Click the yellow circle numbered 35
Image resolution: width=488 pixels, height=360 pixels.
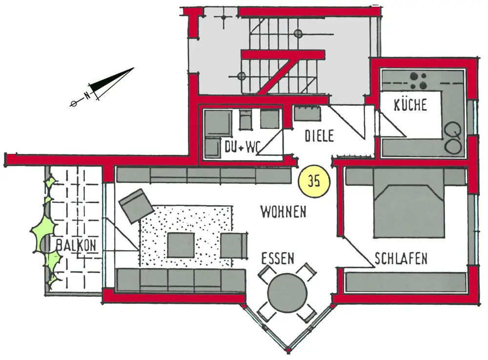314,182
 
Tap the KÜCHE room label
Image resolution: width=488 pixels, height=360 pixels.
410,105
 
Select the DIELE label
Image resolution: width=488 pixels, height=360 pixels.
319,136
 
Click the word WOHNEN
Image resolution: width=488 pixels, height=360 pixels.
283,212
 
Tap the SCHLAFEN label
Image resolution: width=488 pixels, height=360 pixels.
401,258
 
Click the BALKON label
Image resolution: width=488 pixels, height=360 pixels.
76,246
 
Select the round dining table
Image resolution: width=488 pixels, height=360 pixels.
287,292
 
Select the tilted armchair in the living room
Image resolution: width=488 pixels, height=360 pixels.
136,206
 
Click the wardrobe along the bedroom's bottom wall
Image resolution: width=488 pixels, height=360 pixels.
405,281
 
